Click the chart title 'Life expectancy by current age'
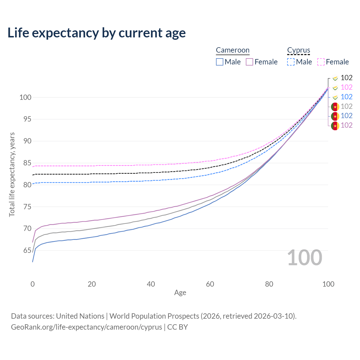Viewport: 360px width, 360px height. pos(96,33)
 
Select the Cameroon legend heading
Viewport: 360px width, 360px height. pos(233,50)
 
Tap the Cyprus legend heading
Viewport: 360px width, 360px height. pos(298,50)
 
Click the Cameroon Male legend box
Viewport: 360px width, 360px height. pos(220,62)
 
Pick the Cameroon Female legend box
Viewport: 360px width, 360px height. pos(249,62)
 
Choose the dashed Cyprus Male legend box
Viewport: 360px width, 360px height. pos(291,62)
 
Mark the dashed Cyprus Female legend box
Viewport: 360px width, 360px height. pos(321,62)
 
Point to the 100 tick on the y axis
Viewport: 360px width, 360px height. pos(25,98)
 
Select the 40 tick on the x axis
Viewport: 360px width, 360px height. pos(151,284)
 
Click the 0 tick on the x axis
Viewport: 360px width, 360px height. pos(33,284)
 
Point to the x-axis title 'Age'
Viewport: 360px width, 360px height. pos(180,293)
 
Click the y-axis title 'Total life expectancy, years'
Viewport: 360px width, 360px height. pos(12,174)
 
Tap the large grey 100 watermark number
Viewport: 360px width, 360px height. pos(305,258)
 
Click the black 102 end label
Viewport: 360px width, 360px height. pos(346,78)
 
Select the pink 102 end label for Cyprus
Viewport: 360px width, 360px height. pos(346,87)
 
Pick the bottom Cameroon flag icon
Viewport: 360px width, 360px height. pos(335,126)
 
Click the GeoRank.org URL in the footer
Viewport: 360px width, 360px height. pos(86,327)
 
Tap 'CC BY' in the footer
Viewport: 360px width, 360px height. pos(177,327)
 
